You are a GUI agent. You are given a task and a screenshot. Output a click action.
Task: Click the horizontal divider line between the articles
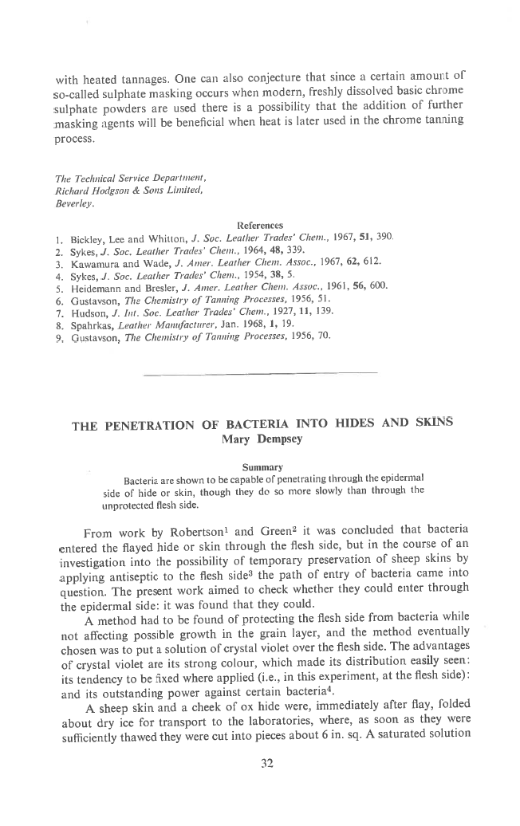(259, 372)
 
